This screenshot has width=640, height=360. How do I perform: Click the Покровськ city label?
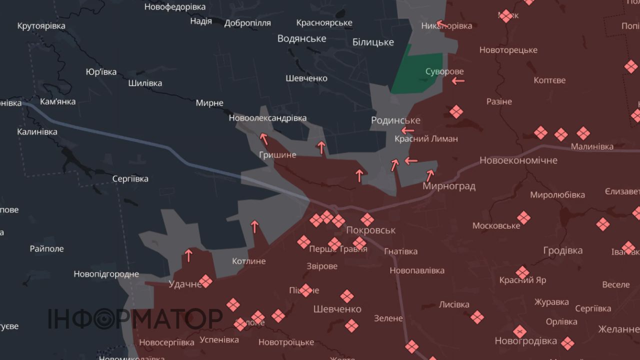(x=370, y=230)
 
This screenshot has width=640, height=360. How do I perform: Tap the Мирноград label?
(x=448, y=186)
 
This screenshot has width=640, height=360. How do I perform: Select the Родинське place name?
(x=395, y=120)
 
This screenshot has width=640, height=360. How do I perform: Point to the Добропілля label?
(x=247, y=23)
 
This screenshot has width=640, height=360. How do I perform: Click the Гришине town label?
(x=277, y=155)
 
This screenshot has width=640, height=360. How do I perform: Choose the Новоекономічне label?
(x=518, y=160)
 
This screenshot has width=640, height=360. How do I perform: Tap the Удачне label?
(x=185, y=284)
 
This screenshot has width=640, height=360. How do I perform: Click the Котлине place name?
(x=249, y=261)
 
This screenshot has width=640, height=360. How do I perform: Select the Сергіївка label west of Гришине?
(x=130, y=178)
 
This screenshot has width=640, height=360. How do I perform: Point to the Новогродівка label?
(x=525, y=341)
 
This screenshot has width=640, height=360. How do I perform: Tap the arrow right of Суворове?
(x=457, y=80)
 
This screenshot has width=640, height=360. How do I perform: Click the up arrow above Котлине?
(x=254, y=227)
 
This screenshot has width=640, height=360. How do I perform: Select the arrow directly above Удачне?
(x=188, y=255)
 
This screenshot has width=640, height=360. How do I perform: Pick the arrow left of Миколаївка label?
(x=439, y=23)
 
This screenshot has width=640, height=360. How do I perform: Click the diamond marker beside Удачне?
(x=205, y=281)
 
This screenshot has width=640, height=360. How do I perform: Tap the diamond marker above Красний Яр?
(x=522, y=272)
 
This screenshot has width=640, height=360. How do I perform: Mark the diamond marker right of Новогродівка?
(x=567, y=343)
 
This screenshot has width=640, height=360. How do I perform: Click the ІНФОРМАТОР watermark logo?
(x=135, y=318)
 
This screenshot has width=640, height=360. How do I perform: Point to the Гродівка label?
(x=563, y=250)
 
